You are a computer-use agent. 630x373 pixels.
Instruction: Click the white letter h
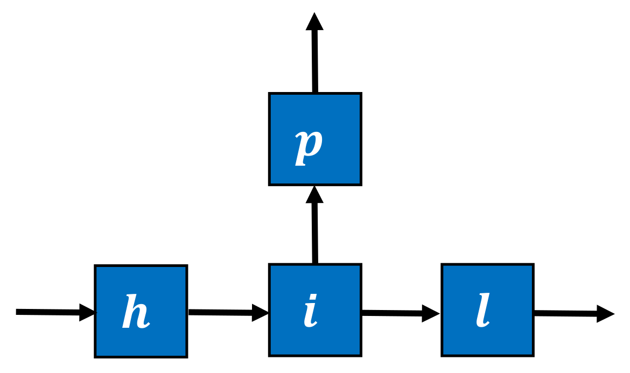(x=136, y=312)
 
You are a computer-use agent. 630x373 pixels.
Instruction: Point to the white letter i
(x=311, y=311)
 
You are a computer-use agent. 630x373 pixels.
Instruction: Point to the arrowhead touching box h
(x=87, y=312)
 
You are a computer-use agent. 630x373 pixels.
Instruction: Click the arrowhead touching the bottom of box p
(x=315, y=195)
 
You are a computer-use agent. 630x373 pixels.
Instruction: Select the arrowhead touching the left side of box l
(x=432, y=313)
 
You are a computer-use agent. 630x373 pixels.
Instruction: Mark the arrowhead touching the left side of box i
(x=261, y=312)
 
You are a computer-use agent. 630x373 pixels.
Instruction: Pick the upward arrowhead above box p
(x=314, y=22)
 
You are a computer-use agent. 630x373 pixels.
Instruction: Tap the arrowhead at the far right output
(x=605, y=313)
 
